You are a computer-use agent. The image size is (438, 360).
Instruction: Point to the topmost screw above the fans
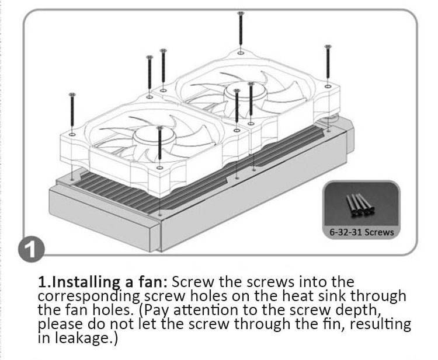click(x=240, y=29)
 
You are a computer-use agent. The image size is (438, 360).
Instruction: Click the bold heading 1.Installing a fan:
click(x=103, y=282)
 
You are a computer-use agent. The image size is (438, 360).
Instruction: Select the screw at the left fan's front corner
click(x=159, y=146)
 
